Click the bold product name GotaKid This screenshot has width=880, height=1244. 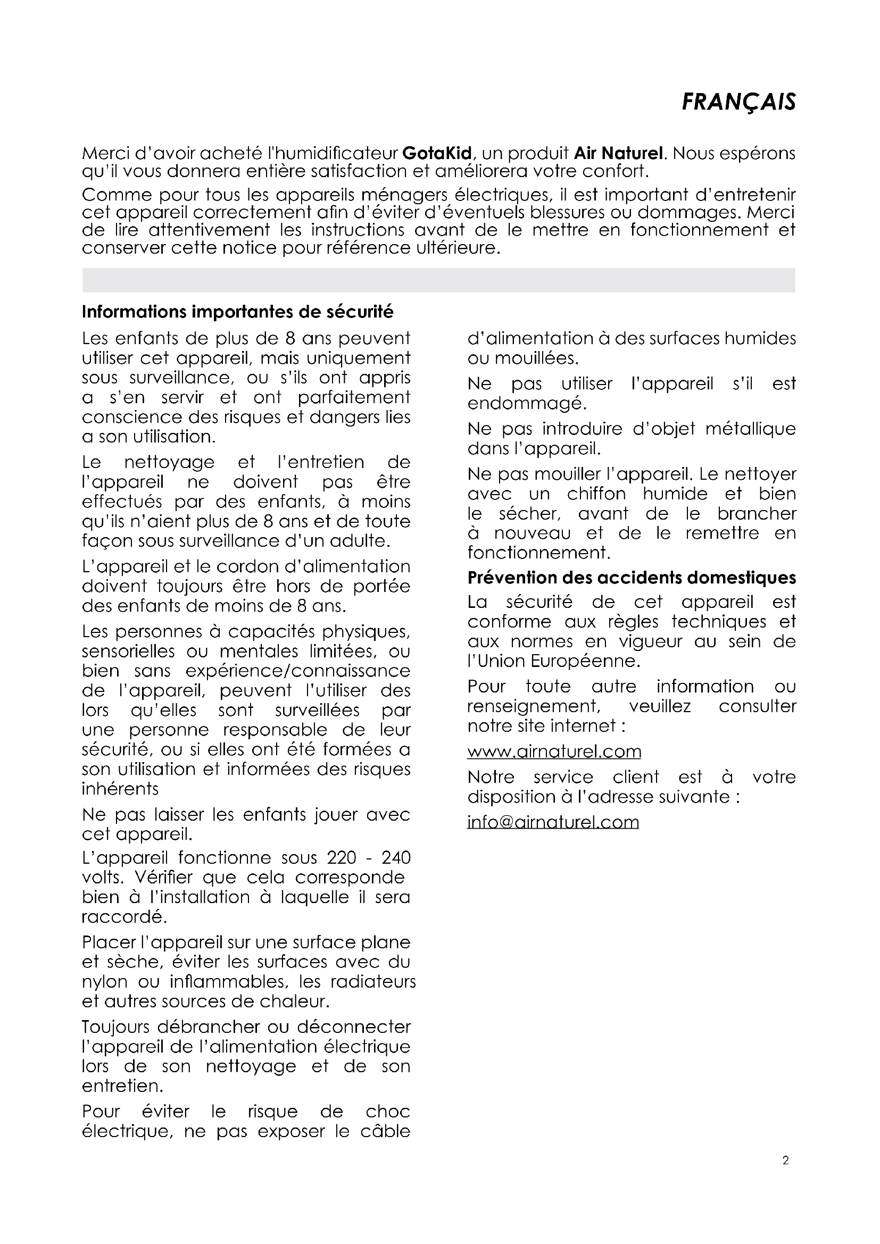[x=437, y=153]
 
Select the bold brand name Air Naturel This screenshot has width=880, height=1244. [x=618, y=153]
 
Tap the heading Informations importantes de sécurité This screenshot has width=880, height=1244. [x=238, y=312]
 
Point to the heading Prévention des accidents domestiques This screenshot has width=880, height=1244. [x=632, y=578]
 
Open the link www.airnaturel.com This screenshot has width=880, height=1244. [x=554, y=752]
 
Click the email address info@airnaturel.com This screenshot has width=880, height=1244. [x=553, y=822]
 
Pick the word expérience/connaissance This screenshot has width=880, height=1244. [x=298, y=671]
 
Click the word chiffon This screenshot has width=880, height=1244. [x=596, y=494]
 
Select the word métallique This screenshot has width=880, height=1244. [x=751, y=429]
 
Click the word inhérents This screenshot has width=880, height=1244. [x=120, y=789]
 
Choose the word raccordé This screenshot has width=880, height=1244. [x=124, y=917]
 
